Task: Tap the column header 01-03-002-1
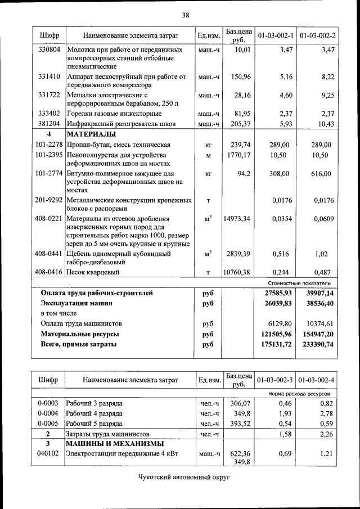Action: point(276,36)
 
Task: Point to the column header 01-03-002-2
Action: point(318,36)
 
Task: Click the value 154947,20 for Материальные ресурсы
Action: point(318,334)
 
